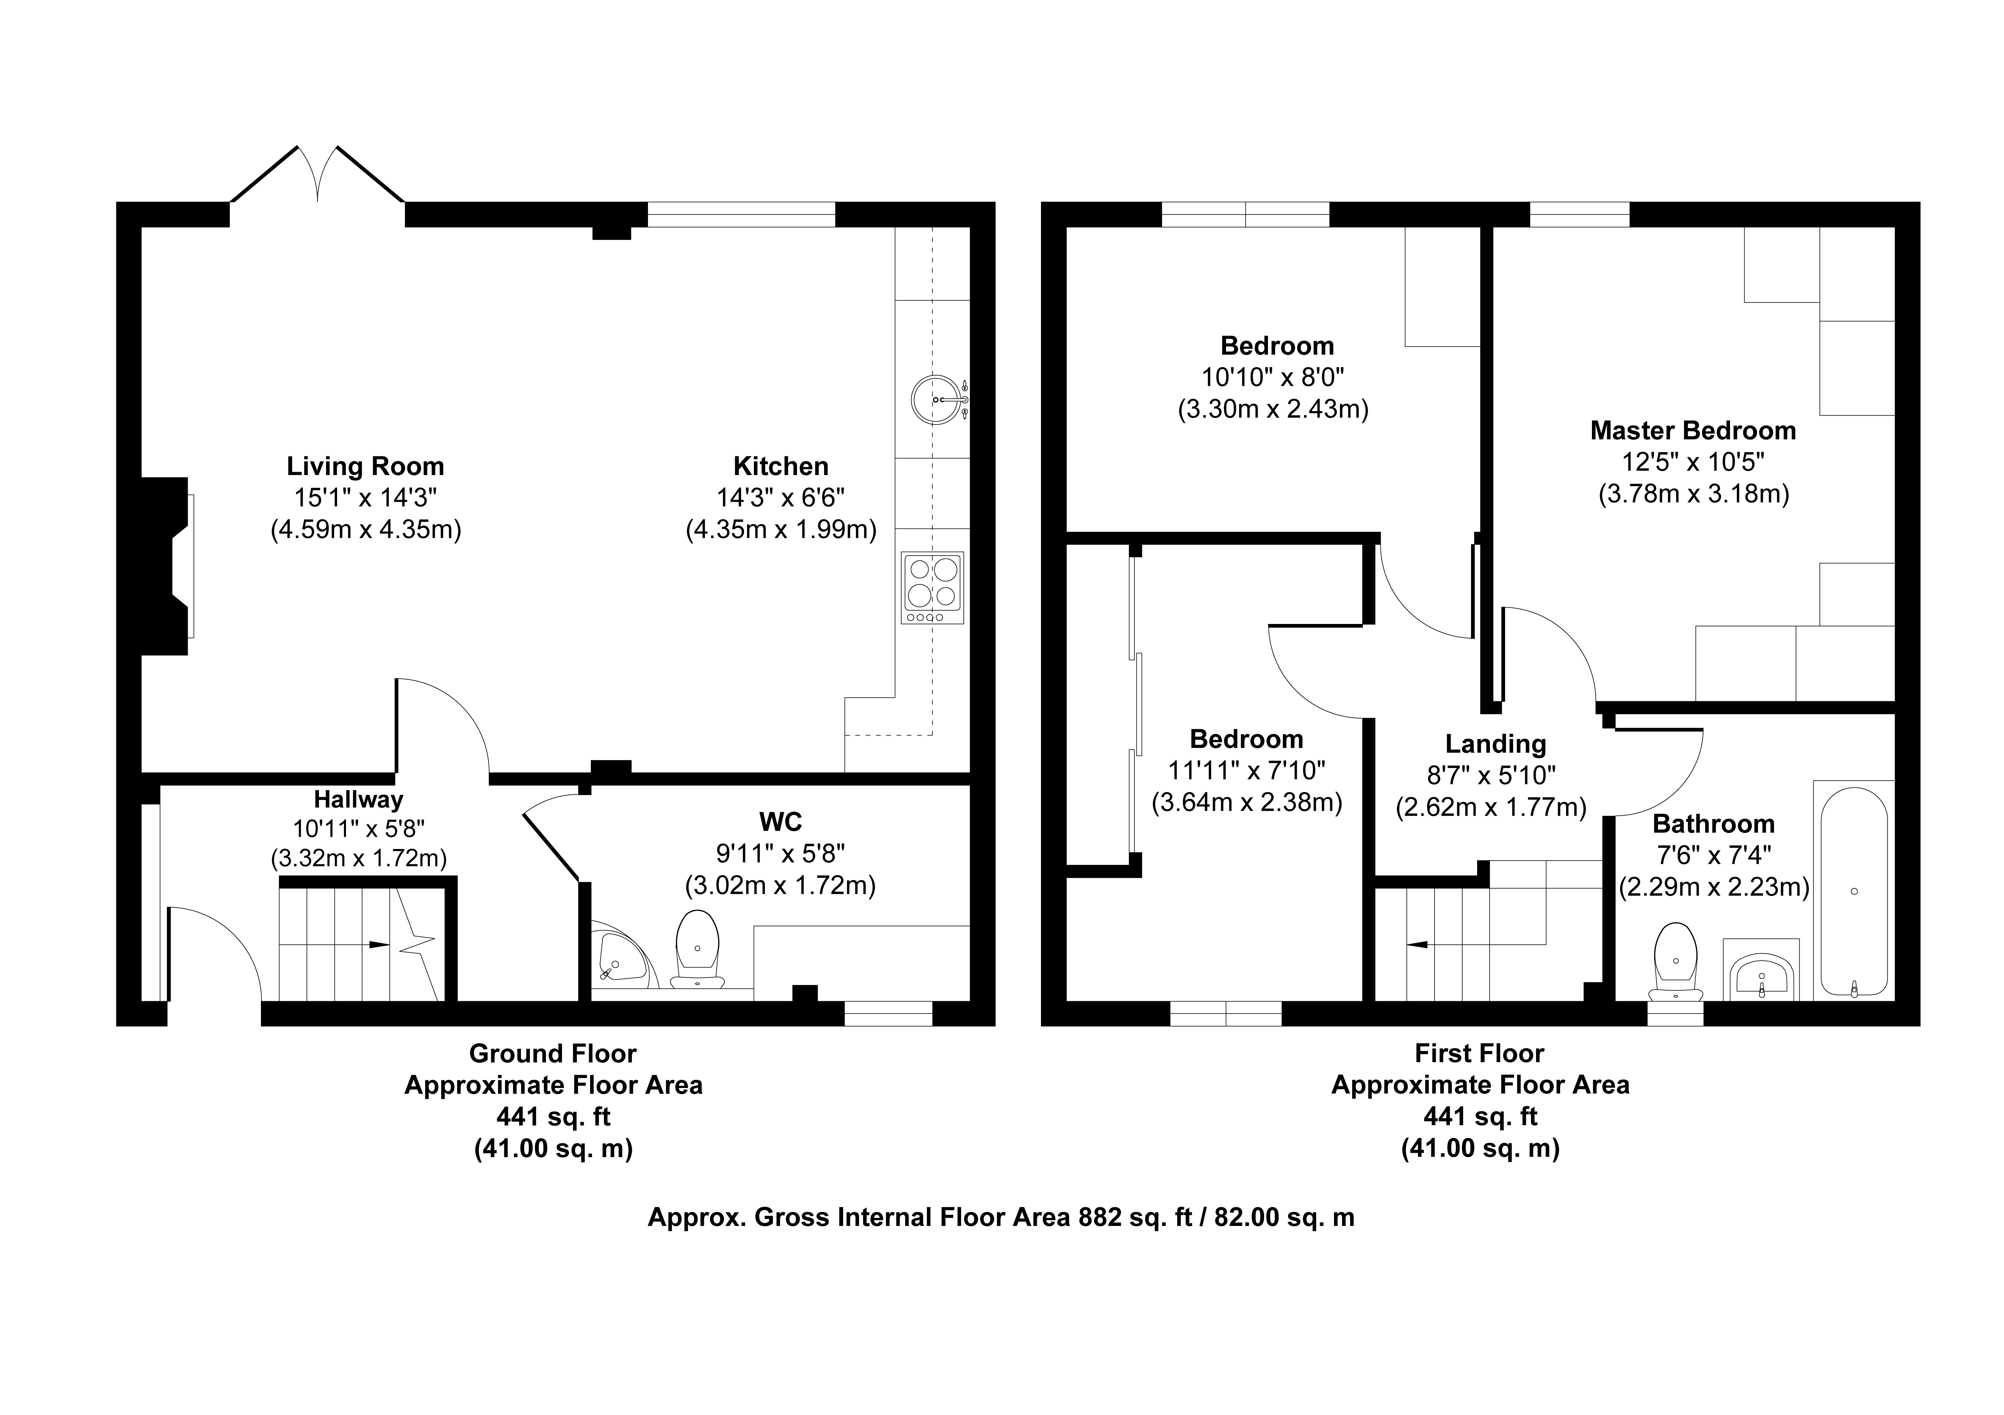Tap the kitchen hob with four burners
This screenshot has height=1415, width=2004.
(x=933, y=588)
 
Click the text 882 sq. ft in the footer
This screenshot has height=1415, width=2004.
(x=1136, y=1217)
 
